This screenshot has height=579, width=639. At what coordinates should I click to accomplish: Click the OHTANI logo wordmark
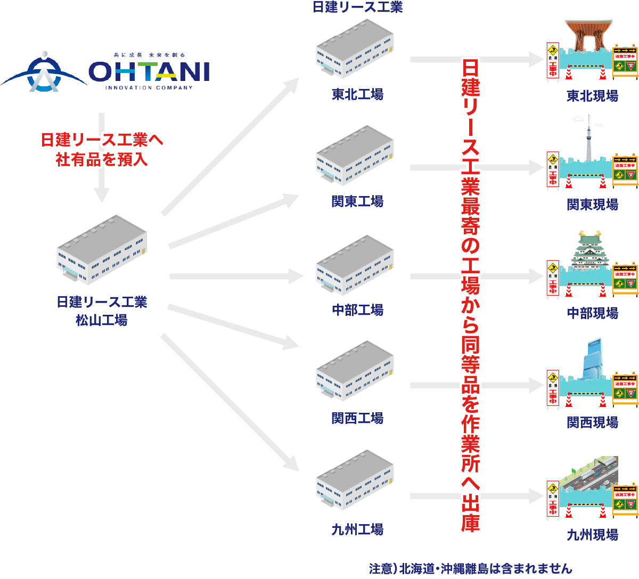point(149,71)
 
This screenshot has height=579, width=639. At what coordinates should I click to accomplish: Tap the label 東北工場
point(357,95)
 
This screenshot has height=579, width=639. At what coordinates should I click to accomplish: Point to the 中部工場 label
point(357,310)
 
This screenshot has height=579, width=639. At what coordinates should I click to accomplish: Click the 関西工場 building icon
point(355,371)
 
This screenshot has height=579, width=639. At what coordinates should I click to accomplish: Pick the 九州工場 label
point(357,530)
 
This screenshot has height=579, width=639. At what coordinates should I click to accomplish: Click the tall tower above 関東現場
point(589,138)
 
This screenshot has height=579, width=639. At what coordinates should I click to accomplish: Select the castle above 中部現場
point(589,250)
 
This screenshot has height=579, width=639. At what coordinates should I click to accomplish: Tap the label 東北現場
point(592,96)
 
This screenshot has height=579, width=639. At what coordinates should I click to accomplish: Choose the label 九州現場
point(592,534)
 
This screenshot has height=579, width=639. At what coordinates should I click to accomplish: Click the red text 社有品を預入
point(102,159)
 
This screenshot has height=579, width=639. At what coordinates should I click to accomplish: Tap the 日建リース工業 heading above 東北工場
point(357,7)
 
